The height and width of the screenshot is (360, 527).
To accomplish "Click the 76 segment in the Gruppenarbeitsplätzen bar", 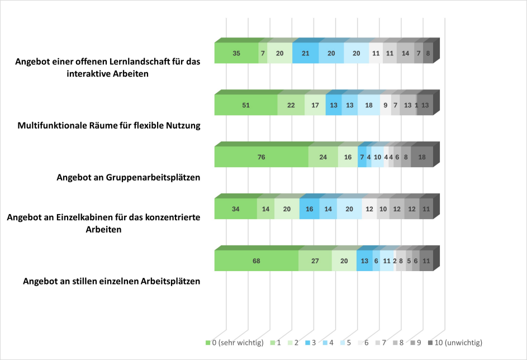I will click(x=261, y=157).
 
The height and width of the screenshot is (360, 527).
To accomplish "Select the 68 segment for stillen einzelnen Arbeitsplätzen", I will click(x=256, y=260).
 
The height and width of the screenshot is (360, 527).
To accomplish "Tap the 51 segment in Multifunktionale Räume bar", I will click(x=246, y=105).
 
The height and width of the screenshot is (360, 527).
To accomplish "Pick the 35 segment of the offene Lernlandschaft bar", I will click(x=236, y=53).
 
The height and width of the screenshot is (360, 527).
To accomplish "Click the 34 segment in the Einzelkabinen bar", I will click(x=235, y=209).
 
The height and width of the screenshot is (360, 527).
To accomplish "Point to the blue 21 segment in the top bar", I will click(x=305, y=53).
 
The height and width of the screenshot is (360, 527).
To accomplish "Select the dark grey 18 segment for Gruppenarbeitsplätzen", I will click(x=422, y=157).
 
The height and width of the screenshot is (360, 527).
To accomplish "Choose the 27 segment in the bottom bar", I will click(x=315, y=260).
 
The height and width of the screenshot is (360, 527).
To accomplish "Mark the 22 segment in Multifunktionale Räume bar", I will click(x=291, y=105).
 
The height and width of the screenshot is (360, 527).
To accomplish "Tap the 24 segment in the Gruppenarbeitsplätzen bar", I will click(x=323, y=157).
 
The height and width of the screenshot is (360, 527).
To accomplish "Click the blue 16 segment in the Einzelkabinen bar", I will click(x=309, y=209).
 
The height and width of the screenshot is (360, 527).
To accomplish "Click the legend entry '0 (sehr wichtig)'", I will click(x=231, y=342).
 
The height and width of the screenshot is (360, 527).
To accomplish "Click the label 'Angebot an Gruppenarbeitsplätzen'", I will click(x=129, y=178).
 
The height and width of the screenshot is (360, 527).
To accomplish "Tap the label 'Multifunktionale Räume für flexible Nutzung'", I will click(x=109, y=126).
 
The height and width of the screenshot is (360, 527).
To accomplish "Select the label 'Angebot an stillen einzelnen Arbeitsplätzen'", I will click(x=111, y=281).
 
